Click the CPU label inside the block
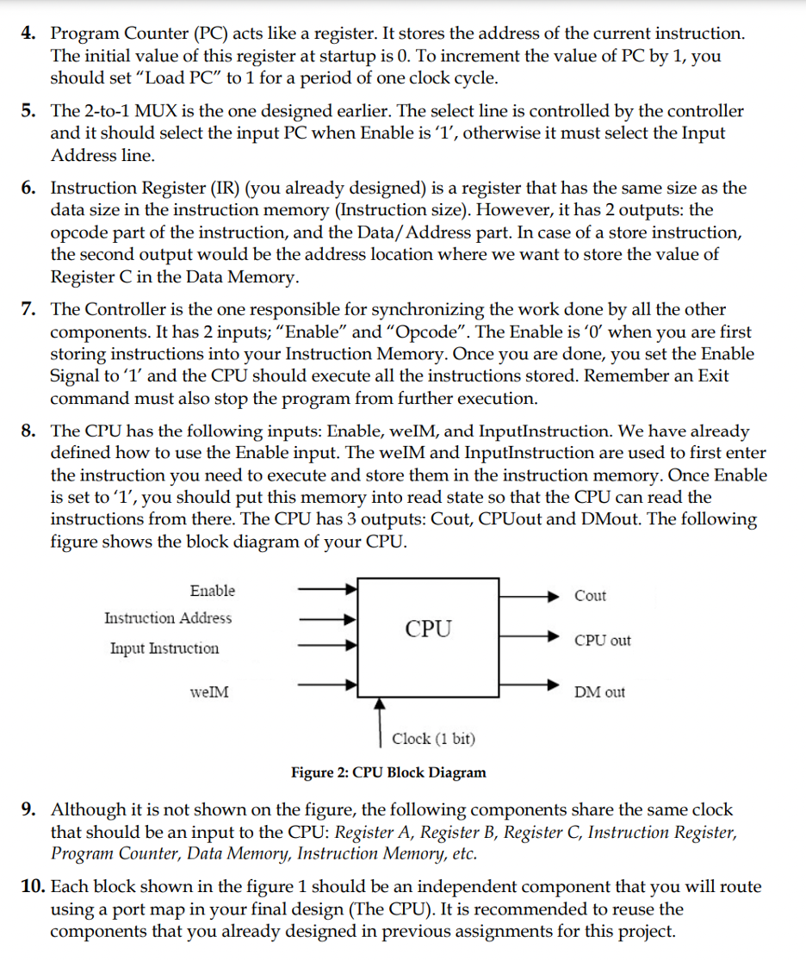[x=428, y=629]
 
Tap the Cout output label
[x=590, y=596]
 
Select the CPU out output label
[x=603, y=641]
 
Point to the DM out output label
[x=601, y=692]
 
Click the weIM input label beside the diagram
[x=209, y=691]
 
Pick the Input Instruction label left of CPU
[x=164, y=648]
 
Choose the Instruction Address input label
[x=168, y=618]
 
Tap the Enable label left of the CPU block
[x=212, y=591]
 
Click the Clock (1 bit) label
[x=433, y=739]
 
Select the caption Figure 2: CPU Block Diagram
[x=388, y=772]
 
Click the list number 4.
[x=28, y=34]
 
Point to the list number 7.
[x=28, y=309]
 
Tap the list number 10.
[x=29, y=887]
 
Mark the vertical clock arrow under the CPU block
[x=380, y=720]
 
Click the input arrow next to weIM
[x=327, y=686]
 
